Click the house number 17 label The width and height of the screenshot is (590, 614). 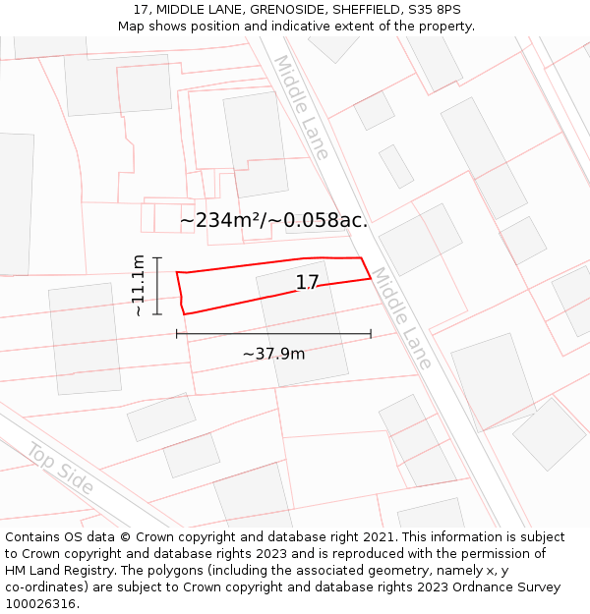click(307, 283)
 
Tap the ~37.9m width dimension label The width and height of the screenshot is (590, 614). click(273, 354)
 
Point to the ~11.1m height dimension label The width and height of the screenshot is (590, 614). click(139, 285)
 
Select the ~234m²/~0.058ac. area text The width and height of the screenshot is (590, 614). click(273, 220)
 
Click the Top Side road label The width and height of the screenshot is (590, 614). click(60, 470)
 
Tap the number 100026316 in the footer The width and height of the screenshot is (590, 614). click(39, 604)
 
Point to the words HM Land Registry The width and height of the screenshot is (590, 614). click(55, 571)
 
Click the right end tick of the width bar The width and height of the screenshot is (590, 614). click(371, 334)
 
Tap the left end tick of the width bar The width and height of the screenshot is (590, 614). click(177, 334)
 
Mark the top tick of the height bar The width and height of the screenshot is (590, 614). click(157, 257)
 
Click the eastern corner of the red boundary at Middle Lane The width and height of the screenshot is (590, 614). click(371, 278)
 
